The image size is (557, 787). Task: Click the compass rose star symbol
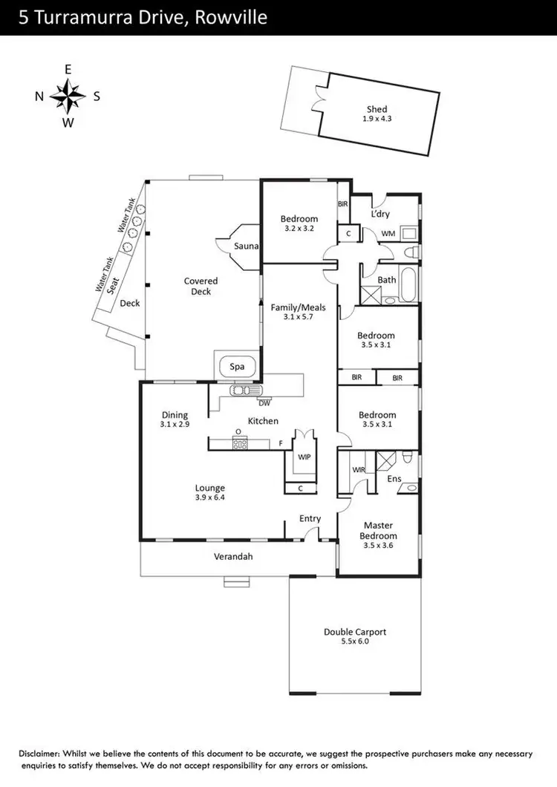(x=68, y=96)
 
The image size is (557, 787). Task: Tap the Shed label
(x=377, y=109)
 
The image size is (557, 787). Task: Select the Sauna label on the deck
(x=245, y=246)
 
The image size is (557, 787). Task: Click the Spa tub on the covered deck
(x=237, y=367)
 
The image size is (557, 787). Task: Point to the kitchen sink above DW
(x=241, y=391)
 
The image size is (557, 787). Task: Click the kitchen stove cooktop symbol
(x=240, y=444)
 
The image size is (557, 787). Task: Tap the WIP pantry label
(x=303, y=458)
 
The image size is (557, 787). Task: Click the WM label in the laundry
(x=388, y=234)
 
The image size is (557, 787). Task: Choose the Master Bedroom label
(x=378, y=531)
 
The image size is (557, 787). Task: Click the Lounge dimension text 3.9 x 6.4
(x=210, y=497)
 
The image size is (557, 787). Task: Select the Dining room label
(x=175, y=415)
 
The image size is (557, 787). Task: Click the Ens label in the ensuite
(x=394, y=479)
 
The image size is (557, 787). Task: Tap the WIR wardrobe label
(x=358, y=470)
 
